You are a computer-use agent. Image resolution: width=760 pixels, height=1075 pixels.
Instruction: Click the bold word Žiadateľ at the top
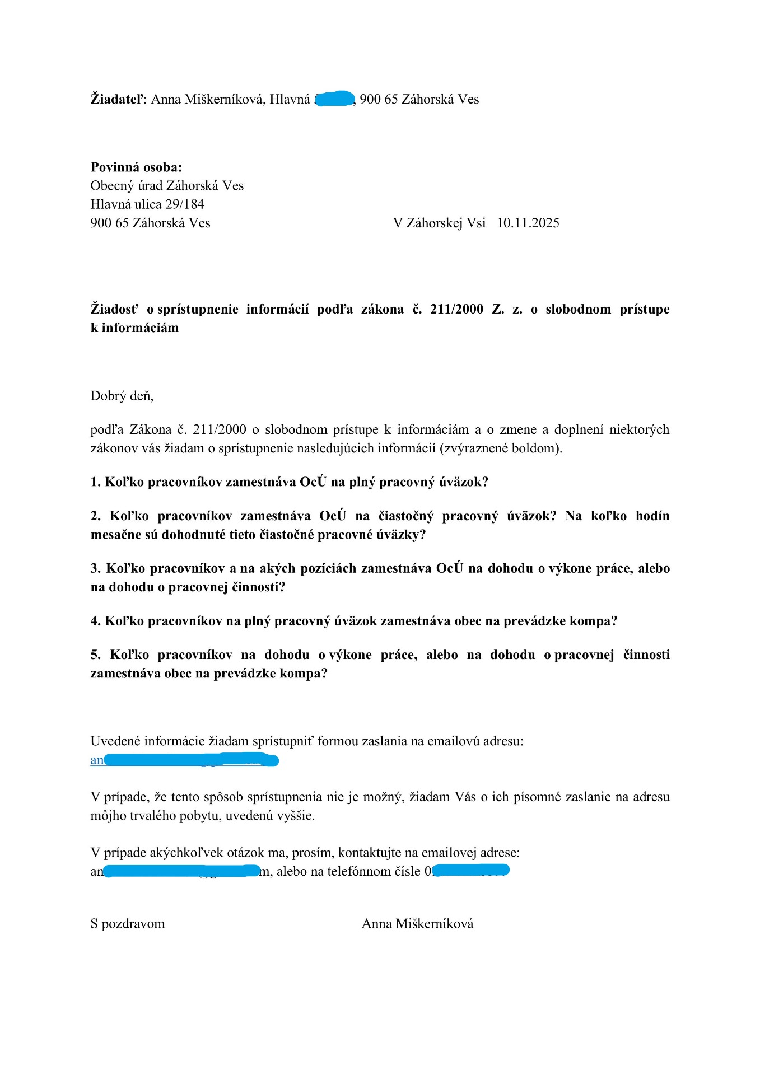coord(116,100)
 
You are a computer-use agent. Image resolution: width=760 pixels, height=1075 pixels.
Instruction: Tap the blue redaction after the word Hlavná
coord(335,99)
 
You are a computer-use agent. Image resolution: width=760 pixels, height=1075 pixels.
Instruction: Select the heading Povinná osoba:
coord(136,167)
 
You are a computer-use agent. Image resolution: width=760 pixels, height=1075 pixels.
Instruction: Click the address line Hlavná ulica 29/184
coord(147,204)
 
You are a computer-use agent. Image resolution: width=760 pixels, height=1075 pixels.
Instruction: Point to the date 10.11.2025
coord(528,223)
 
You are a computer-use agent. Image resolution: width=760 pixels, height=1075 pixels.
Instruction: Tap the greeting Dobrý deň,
coord(122,396)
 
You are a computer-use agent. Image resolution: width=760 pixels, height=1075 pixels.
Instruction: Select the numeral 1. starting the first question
coord(96,482)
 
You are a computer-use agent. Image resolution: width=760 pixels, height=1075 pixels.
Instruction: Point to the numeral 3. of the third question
coord(96,569)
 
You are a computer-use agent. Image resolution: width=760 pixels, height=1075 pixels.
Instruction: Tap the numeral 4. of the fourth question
coord(96,621)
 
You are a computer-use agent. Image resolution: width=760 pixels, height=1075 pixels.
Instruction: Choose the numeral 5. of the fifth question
coord(96,655)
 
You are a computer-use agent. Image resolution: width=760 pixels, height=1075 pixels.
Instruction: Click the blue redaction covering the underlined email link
coord(191,760)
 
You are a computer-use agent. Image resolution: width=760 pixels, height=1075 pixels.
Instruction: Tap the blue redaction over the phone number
coord(471,871)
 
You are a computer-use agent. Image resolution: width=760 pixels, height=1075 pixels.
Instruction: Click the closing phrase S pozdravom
coord(128,924)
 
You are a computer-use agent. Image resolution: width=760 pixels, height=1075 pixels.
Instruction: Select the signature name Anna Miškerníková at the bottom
coord(417,924)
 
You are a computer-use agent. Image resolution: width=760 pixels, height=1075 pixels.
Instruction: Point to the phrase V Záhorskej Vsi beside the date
coord(439,223)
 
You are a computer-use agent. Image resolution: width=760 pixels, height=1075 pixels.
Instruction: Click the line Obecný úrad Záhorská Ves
coord(167,186)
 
